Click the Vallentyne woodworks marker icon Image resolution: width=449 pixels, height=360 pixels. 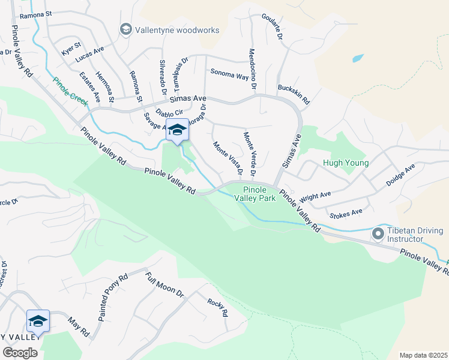point(125,28)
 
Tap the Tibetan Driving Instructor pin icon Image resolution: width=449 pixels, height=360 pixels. point(379,232)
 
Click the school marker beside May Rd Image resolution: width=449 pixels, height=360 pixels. point(38,321)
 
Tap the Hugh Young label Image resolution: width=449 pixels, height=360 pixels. point(344,162)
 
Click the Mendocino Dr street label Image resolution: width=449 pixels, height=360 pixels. point(252,70)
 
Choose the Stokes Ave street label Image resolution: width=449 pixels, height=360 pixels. point(346,213)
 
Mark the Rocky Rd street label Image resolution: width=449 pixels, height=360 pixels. point(217,308)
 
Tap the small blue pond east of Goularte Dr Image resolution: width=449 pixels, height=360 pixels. point(358,59)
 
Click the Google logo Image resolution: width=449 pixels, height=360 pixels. point(20,352)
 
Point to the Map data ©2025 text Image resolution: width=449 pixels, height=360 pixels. point(423,355)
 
